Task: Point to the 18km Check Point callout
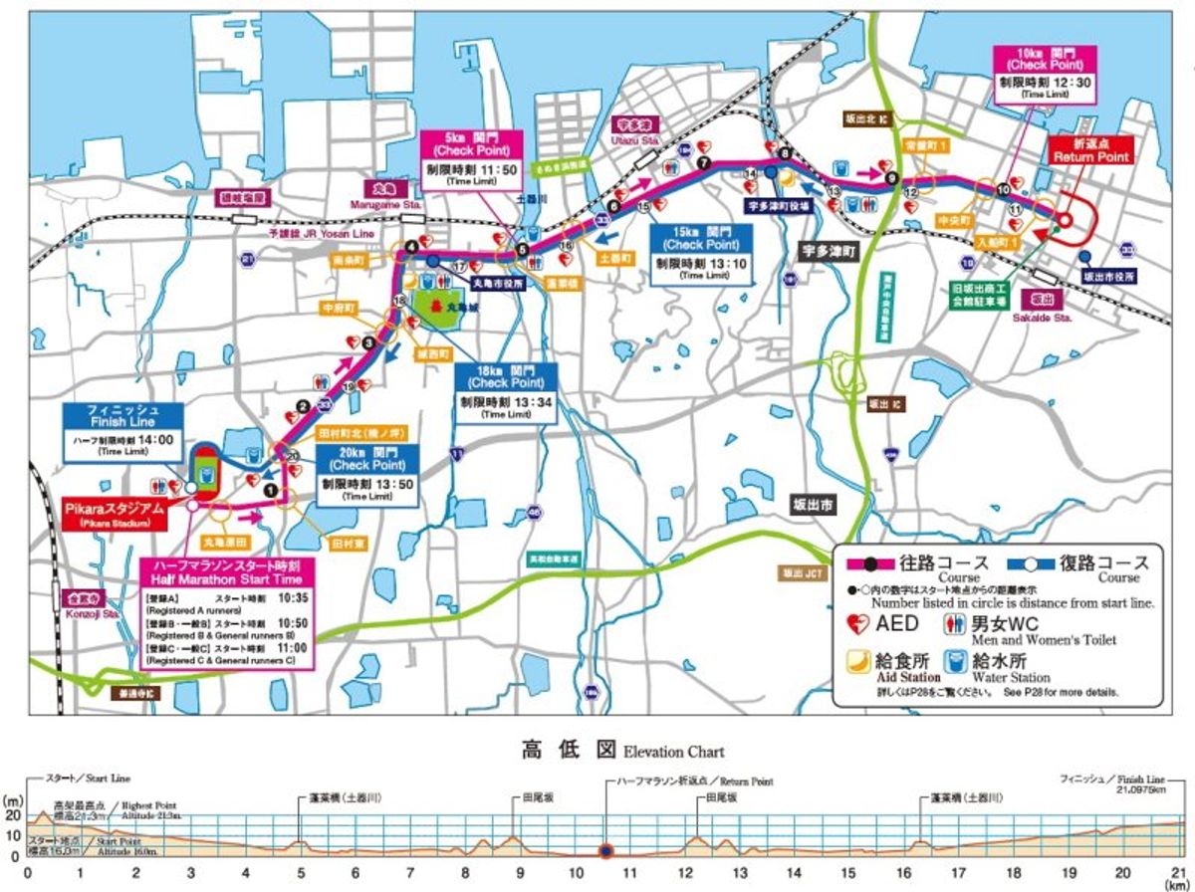pos(506,390)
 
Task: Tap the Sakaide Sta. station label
pos(1049,302)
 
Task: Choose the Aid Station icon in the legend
pos(855,662)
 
